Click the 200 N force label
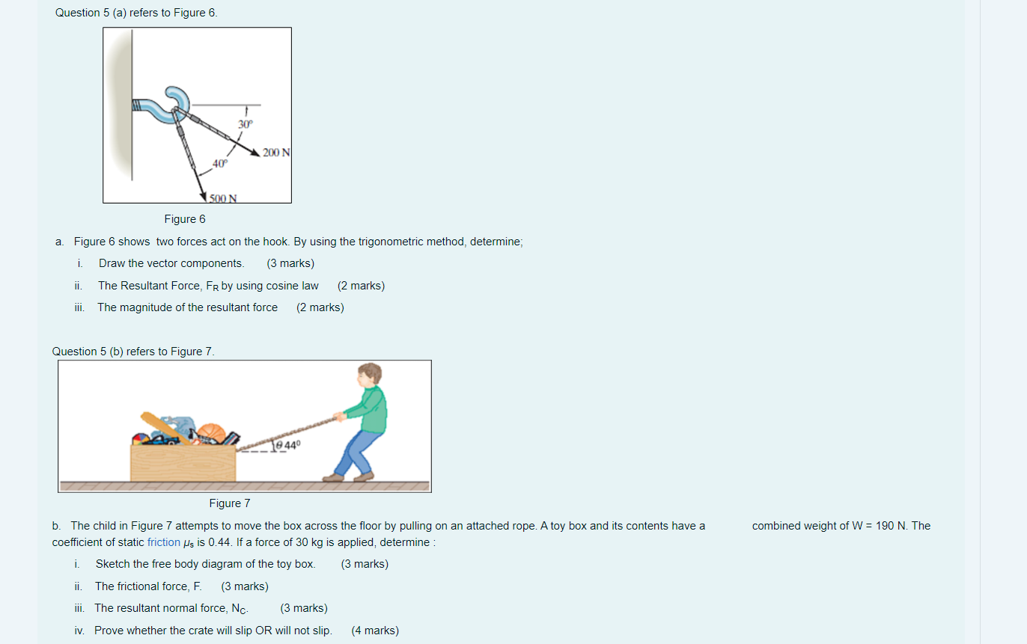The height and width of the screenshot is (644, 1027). coord(276,153)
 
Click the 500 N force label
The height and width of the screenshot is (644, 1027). coord(223,198)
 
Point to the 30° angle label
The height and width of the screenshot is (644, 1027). coord(246,124)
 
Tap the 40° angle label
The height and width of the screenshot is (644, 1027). coord(220,164)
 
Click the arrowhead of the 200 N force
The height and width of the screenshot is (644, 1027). coord(255,152)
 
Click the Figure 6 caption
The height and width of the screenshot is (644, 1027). coord(185,219)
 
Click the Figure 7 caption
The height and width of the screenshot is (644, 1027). coord(230,503)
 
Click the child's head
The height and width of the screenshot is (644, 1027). coord(369,374)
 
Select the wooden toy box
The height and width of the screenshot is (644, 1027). coord(183,463)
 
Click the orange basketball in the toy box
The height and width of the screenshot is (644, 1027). coord(212,432)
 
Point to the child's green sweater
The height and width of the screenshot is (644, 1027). coord(369,409)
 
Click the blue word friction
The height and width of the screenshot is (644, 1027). coord(164,542)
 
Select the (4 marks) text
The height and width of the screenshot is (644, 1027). coord(375,631)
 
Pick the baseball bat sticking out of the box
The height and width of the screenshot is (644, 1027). coord(165,428)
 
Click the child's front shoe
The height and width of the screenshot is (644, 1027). coord(333,478)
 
